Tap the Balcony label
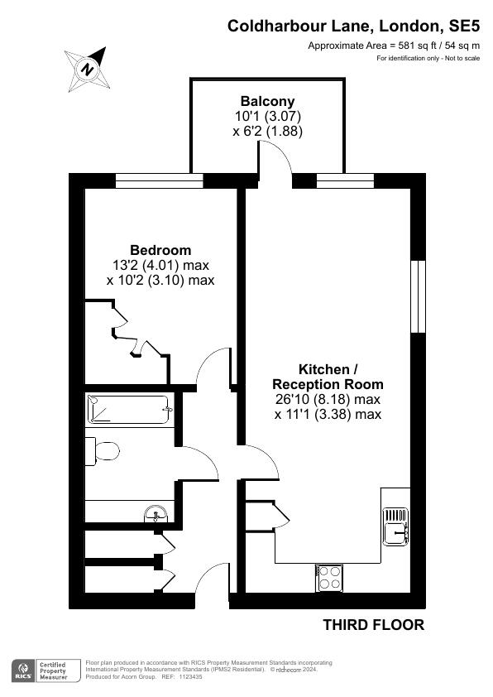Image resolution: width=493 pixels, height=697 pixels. [x=267, y=101]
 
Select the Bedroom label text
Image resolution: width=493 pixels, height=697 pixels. [x=160, y=250]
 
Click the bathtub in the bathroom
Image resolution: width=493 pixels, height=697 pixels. [x=129, y=409]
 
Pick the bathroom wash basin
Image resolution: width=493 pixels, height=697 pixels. [x=156, y=514]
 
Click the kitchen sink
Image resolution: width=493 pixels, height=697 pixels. [x=395, y=526]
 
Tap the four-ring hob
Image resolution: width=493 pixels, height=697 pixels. [x=329, y=578]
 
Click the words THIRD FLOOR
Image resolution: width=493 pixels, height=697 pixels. [x=373, y=624]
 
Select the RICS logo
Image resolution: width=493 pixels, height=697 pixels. [x=23, y=671]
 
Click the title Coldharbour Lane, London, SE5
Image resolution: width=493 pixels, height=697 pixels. [x=353, y=26]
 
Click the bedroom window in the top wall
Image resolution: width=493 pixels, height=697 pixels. [x=160, y=181]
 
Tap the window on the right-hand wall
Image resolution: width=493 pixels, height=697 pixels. [x=418, y=296]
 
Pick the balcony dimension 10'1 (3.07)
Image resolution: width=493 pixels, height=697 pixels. [x=268, y=117]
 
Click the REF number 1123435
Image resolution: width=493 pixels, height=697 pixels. [x=190, y=677]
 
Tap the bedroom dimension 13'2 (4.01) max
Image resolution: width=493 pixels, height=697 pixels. [x=160, y=266]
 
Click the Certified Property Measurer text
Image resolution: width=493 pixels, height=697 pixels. [x=53, y=671]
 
